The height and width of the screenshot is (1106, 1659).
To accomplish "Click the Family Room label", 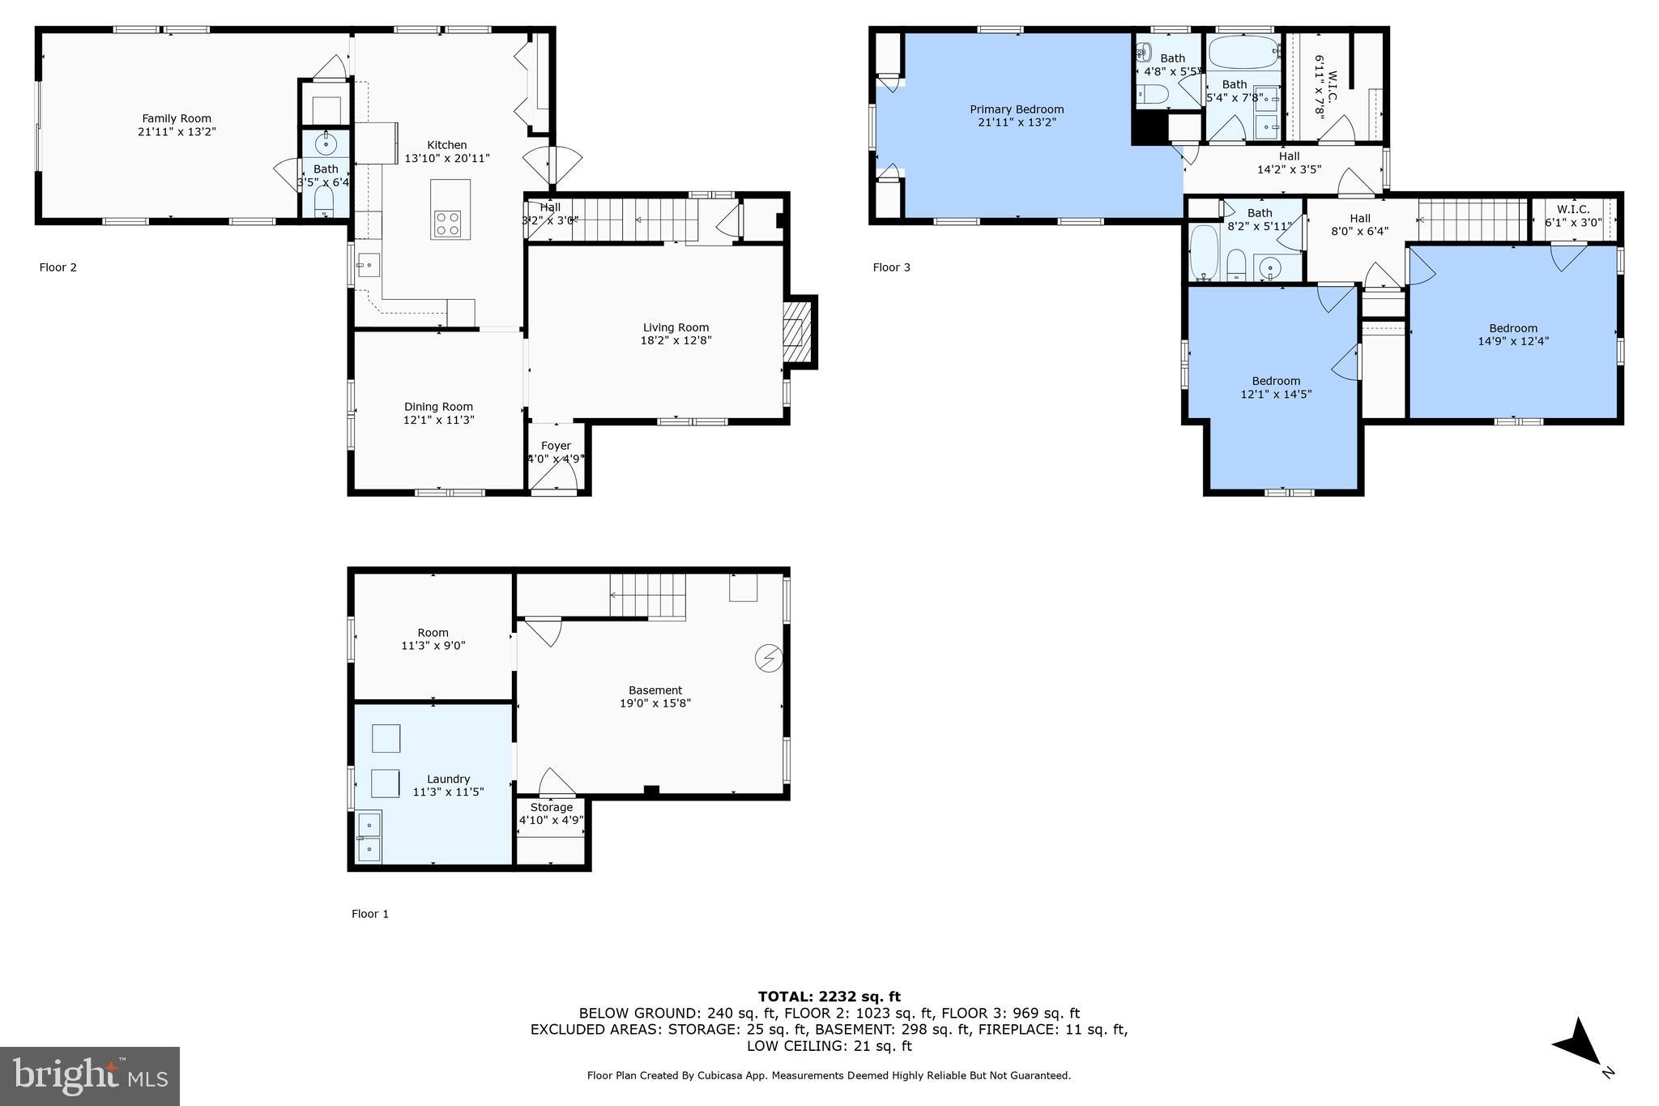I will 177,118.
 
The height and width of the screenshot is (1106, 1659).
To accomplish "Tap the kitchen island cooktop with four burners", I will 447,222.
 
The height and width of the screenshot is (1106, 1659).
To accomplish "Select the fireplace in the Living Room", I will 796,332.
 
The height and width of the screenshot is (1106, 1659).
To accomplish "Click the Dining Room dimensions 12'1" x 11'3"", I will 438,420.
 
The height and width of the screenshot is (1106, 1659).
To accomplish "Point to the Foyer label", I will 556,446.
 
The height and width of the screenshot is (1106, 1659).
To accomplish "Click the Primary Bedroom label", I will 1017,109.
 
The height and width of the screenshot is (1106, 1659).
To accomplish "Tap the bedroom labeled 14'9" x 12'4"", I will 1512,335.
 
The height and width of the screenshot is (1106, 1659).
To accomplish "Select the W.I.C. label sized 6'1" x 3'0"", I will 1573,216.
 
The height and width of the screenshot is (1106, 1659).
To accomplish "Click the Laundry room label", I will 448,779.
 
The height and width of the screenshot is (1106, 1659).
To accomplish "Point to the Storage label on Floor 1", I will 552,807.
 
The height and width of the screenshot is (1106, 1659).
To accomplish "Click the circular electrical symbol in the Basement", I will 767,659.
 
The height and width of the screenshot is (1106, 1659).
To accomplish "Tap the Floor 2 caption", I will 58,267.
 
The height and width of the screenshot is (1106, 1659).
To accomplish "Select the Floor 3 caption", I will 891,267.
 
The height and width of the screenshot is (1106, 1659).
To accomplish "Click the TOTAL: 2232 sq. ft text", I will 829,997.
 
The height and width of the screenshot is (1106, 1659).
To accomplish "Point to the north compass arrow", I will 1579,1045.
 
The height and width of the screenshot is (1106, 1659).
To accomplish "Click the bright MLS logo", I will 90,1076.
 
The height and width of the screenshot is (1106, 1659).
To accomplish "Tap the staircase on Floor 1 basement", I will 648,596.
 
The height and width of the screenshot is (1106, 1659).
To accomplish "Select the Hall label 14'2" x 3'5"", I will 1289,163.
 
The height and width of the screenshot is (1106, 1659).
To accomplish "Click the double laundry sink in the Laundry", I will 369,837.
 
